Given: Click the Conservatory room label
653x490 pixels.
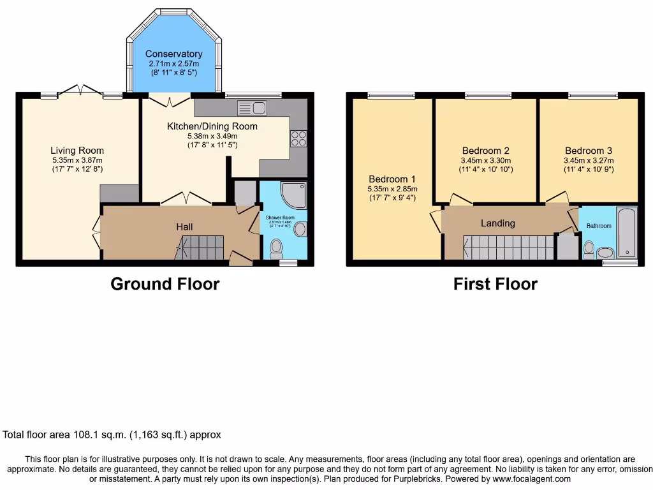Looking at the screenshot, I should pyautogui.click(x=173, y=54).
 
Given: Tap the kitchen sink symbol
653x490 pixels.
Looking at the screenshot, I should pyautogui.click(x=251, y=107).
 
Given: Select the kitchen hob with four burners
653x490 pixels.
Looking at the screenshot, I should pyautogui.click(x=298, y=138).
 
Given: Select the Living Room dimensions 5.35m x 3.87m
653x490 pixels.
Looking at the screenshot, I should pyautogui.click(x=77, y=160).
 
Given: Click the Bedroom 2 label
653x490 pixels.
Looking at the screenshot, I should pyautogui.click(x=485, y=151).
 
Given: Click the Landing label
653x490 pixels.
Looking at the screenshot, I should pyautogui.click(x=497, y=223).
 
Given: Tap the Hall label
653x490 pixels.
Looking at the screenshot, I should pyautogui.click(x=184, y=226).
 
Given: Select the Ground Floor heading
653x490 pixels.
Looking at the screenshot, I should pyautogui.click(x=165, y=284).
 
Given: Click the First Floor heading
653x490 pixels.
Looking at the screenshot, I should pyautogui.click(x=495, y=284).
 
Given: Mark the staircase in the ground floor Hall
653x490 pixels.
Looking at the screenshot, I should pyautogui.click(x=201, y=247).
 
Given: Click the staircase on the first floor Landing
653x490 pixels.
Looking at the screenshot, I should pyautogui.click(x=508, y=247).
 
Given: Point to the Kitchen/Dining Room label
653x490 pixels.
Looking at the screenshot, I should pyautogui.click(x=212, y=126).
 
